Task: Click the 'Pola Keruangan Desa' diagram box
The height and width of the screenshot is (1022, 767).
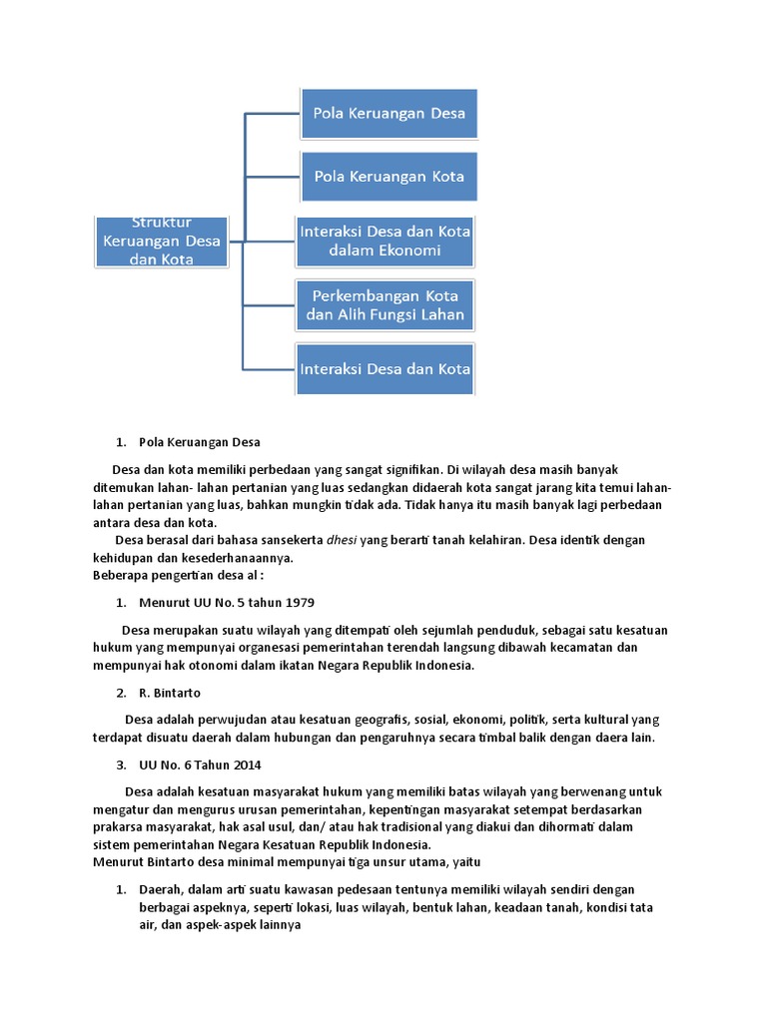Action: click(388, 113)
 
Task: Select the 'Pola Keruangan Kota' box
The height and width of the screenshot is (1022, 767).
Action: click(388, 177)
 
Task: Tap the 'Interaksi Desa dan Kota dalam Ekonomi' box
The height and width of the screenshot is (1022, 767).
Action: click(385, 241)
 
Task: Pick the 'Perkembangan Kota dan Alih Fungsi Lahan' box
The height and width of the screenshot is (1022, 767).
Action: click(385, 305)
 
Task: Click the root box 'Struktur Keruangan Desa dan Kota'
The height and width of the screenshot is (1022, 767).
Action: click(162, 241)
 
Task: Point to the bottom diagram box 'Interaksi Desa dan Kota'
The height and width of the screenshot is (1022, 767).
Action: click(385, 369)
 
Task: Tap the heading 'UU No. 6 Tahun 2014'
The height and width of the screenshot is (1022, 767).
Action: click(200, 765)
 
